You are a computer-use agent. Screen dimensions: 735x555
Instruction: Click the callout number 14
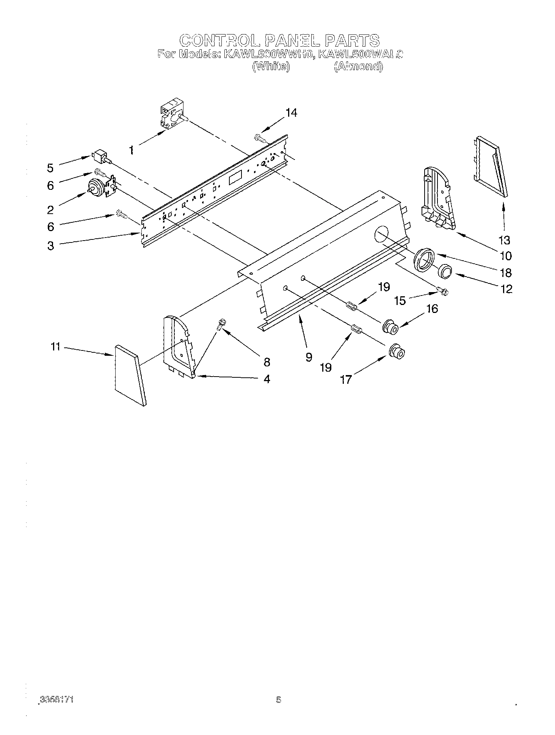point(291,113)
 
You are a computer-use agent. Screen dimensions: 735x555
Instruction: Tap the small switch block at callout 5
point(100,155)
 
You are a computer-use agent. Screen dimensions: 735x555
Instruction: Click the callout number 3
point(51,246)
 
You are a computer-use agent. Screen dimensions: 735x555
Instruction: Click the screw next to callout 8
point(221,324)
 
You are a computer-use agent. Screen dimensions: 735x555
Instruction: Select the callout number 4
point(267,379)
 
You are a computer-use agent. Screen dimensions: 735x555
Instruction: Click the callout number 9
point(309,357)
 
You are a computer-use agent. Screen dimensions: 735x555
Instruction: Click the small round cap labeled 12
point(445,271)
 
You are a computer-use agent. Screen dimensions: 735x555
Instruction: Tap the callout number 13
point(505,240)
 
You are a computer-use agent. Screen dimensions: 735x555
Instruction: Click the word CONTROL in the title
point(219,40)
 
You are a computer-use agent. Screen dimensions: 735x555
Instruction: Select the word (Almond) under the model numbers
point(358,67)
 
